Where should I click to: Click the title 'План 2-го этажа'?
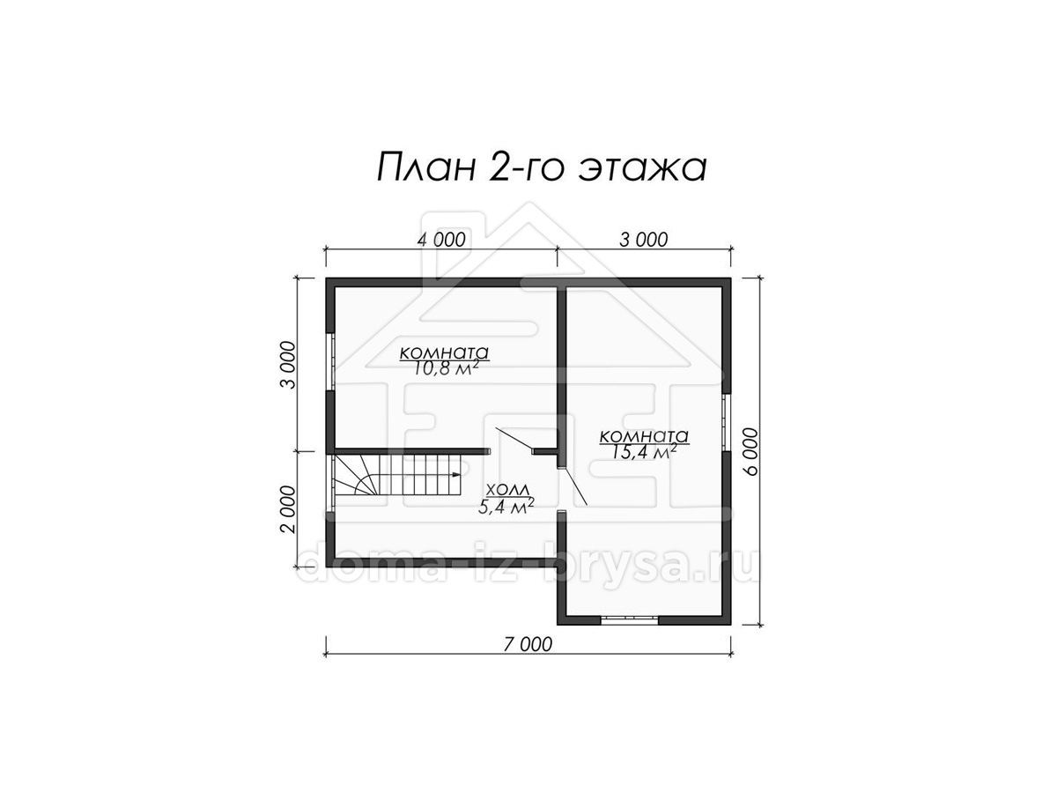click(x=541, y=168)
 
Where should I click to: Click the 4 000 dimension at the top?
click(x=441, y=240)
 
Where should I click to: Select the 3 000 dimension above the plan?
click(x=643, y=240)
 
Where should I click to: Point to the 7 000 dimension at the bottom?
click(x=528, y=644)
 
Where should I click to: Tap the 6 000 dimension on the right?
click(x=750, y=452)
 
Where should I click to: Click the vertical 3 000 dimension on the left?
click(x=288, y=365)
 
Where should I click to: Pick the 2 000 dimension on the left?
click(x=288, y=509)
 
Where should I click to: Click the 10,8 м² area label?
click(x=446, y=367)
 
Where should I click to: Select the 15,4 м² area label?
click(x=646, y=451)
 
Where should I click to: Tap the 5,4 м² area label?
click(x=506, y=506)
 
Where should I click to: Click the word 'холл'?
click(x=508, y=490)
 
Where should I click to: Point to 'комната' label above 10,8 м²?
click(x=444, y=353)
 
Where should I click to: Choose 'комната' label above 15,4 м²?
click(x=644, y=436)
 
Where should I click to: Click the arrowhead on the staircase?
click(x=457, y=475)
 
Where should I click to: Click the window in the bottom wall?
click(x=629, y=620)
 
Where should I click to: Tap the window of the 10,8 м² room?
click(x=330, y=361)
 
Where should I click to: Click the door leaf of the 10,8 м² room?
click(x=514, y=440)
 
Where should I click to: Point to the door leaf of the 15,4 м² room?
click(x=574, y=485)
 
